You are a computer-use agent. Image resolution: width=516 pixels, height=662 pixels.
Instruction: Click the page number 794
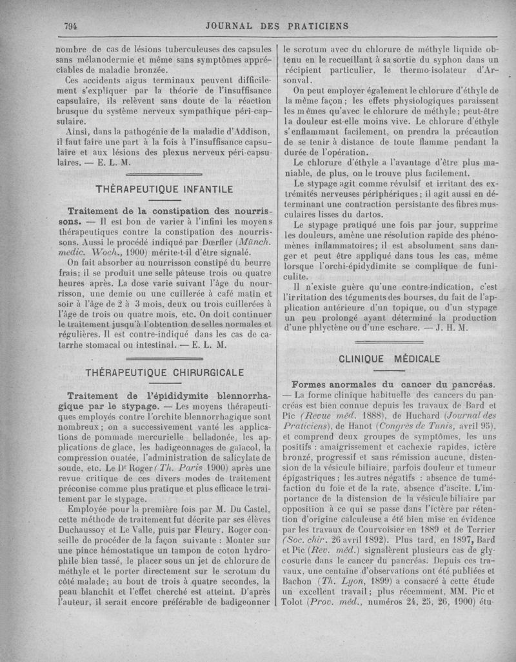70,26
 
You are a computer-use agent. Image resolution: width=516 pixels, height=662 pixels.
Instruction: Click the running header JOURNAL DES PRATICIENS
277,26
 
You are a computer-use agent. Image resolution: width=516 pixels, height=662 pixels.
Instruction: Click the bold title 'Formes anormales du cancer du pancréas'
393,382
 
